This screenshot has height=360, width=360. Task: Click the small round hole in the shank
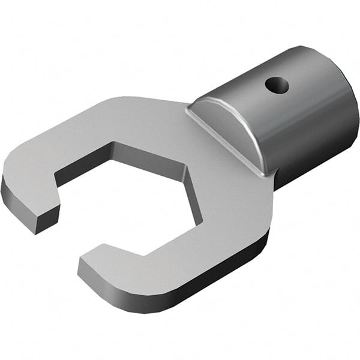[277, 85]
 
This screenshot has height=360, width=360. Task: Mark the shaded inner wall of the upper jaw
[84, 163]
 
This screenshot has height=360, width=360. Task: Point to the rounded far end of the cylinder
[342, 114]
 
